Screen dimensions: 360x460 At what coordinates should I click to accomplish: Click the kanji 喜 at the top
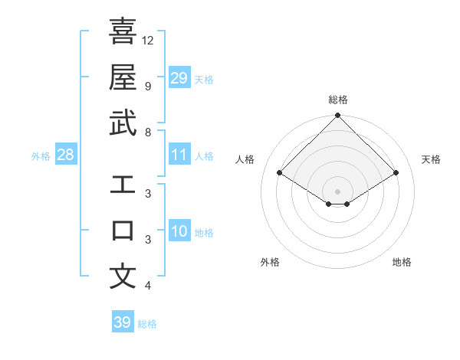point(123,31)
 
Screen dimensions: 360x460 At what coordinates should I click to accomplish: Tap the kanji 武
point(123,123)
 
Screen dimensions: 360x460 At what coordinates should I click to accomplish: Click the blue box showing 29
point(179,77)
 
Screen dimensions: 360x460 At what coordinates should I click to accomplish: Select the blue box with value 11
point(179,155)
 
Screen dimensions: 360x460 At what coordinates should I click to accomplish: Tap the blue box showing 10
point(179,231)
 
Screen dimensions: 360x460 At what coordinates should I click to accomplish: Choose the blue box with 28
point(66,155)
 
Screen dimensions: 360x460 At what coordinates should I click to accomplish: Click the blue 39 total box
point(122,322)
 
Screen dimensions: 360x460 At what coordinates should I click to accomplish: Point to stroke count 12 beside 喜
point(148,40)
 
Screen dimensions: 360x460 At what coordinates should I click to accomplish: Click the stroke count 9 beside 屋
point(148,86)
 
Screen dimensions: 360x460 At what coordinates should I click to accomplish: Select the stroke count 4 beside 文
point(148,286)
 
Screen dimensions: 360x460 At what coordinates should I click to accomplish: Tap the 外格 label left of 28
point(41,156)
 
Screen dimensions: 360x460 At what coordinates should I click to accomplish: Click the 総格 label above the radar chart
point(337,100)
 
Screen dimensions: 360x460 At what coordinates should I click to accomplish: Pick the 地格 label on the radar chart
point(402,262)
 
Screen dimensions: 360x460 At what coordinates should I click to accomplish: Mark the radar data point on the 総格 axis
point(337,116)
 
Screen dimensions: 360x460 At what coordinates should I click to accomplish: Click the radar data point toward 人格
point(280,173)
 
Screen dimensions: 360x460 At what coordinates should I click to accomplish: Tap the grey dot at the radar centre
point(337,191)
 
